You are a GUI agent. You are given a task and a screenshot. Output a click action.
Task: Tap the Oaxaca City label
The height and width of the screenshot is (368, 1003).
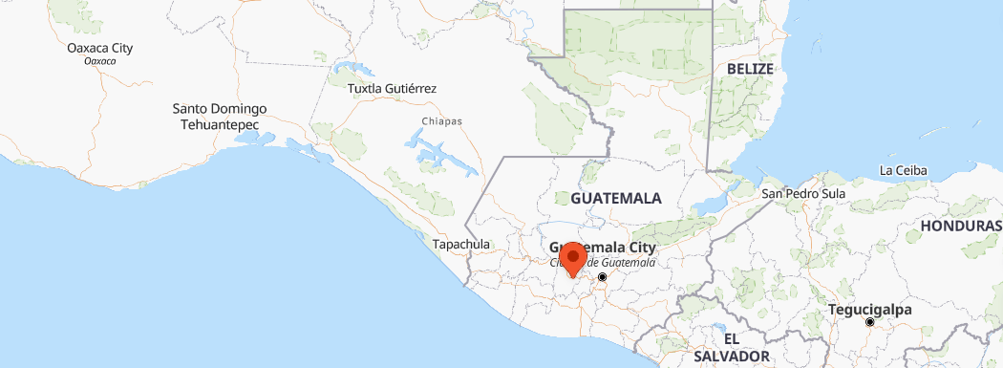[100, 48]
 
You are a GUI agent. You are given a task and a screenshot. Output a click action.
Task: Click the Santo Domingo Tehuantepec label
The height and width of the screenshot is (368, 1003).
[220, 117]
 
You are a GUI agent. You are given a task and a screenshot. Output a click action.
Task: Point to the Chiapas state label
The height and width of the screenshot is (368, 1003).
[441, 121]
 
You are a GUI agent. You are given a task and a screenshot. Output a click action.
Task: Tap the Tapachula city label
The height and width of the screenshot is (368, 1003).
[461, 245]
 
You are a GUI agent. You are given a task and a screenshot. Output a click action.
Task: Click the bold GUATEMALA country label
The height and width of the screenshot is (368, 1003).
[616, 198]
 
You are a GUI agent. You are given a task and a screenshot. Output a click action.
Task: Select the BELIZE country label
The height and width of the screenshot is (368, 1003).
[749, 70]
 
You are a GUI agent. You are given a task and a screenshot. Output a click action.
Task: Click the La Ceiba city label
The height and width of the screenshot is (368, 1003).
[904, 171]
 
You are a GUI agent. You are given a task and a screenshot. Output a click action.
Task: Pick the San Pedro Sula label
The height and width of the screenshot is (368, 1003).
[803, 194]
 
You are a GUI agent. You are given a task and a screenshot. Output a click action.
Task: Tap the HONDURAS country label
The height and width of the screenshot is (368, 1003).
[960, 226]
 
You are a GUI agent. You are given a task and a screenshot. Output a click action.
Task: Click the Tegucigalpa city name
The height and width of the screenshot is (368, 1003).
[869, 310]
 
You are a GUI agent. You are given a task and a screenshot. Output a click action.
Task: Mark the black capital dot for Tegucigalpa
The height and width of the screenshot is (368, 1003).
[869, 323]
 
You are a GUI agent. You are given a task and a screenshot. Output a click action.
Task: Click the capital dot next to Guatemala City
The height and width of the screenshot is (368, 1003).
[603, 277]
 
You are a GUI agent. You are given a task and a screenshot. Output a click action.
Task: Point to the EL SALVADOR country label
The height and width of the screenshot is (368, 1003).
[732, 348]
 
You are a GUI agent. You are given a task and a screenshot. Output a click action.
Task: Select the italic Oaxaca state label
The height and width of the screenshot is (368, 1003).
[100, 61]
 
